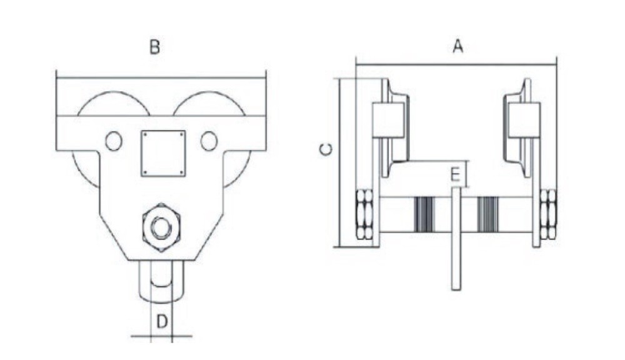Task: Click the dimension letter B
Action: pos(154,47)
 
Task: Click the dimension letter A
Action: pos(458,46)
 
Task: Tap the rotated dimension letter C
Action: pos(326,149)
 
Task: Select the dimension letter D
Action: pos(162,321)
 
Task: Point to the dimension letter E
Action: pos(455,174)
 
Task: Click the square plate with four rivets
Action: pos(163,153)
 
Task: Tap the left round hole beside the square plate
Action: pos(114,141)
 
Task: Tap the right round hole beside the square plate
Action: pos(209,141)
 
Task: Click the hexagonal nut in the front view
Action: pos(161,227)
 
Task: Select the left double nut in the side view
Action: pos(364,214)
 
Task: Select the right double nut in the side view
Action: pos(548,214)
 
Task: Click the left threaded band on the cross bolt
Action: pos(424,214)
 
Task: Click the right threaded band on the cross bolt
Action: pos(488,214)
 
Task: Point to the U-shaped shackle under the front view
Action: pos(161,280)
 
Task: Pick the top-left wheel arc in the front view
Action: pos(114,104)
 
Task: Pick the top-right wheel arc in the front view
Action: pos(209,104)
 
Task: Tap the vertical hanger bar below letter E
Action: pos(456,238)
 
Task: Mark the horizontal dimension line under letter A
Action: pos(456,64)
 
